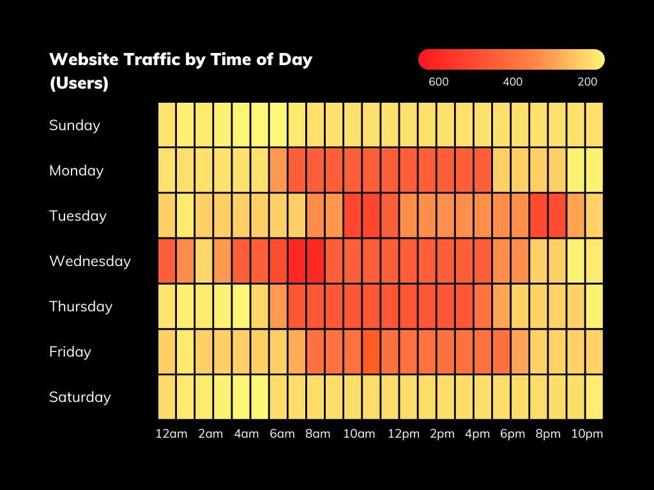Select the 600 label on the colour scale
(x=439, y=82)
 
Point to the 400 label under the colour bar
(x=513, y=82)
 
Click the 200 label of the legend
(x=588, y=82)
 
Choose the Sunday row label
(x=75, y=126)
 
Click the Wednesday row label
(x=90, y=262)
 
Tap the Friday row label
(x=70, y=352)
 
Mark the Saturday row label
(x=80, y=397)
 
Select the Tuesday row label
(x=78, y=216)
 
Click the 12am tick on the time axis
(x=172, y=434)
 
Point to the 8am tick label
(x=317, y=434)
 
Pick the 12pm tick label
(x=404, y=434)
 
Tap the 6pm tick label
(x=512, y=434)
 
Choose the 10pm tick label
(x=587, y=434)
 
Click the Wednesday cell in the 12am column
(x=167, y=261)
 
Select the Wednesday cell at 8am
(x=316, y=261)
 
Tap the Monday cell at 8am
(x=316, y=170)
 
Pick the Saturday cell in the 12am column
(x=167, y=397)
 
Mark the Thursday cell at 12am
(x=167, y=306)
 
